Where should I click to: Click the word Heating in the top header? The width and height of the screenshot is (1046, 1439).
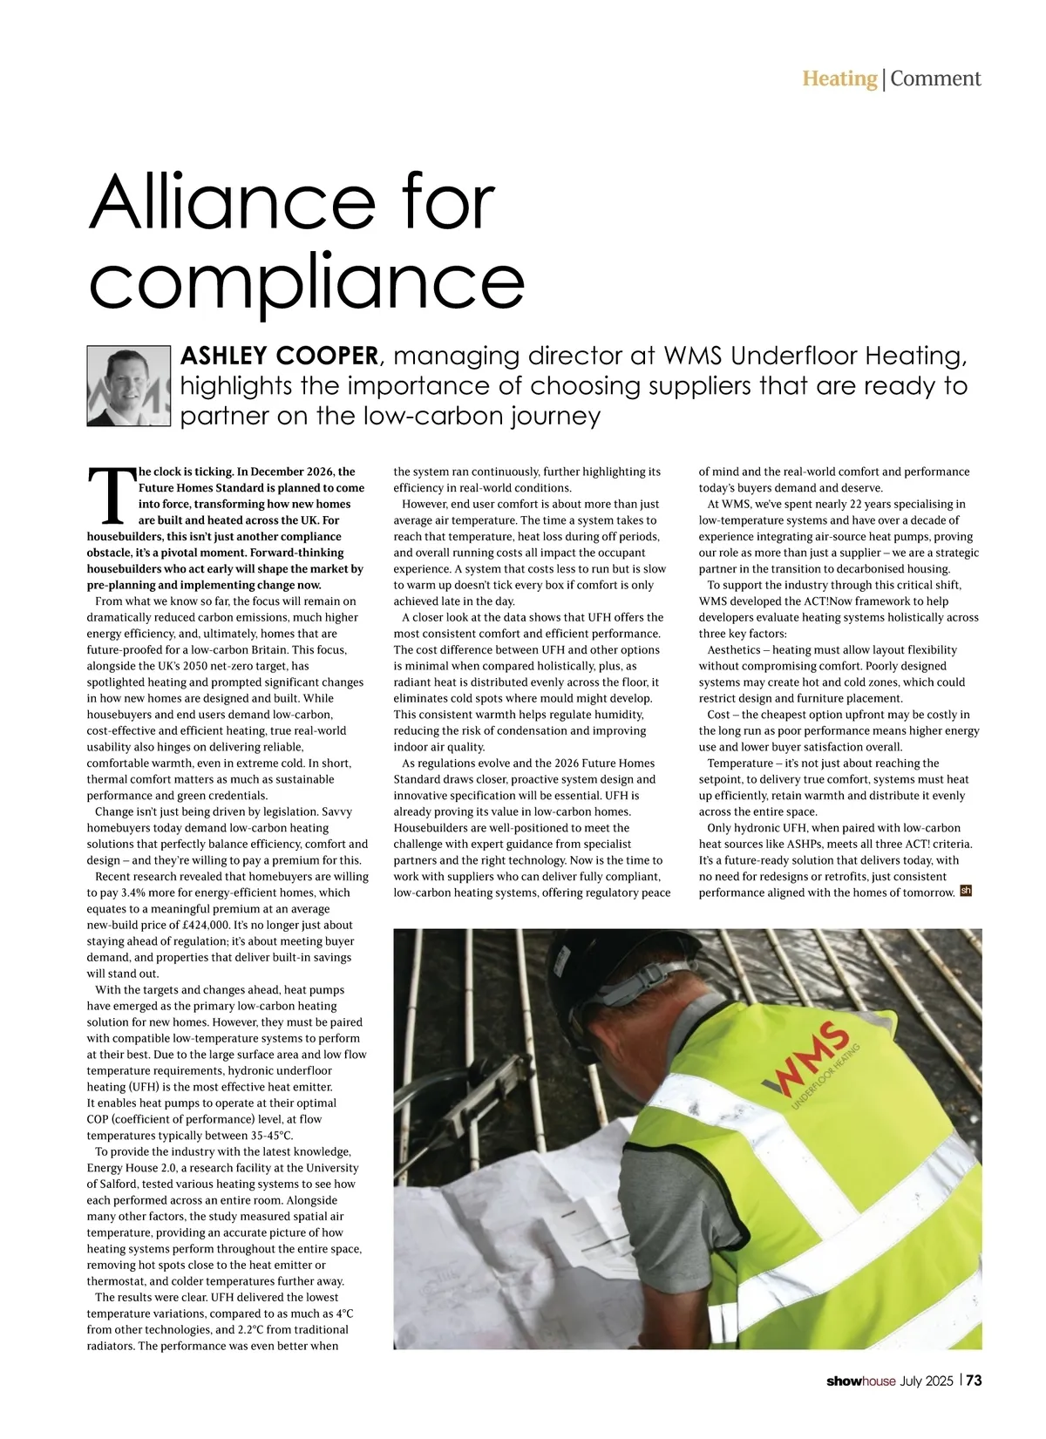pos(839,79)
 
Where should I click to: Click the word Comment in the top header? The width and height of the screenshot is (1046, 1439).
pos(935,79)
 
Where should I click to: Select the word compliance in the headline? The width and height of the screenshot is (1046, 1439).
pos(307,281)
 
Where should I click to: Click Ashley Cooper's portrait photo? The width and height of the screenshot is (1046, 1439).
pos(128,386)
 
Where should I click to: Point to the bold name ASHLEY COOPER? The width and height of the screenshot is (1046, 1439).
pos(279,356)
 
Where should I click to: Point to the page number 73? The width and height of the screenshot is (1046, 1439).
pos(974,1381)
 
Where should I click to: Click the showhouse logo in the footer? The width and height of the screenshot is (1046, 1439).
pos(860,1381)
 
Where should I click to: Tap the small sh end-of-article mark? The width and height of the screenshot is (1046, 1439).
pos(965,891)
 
